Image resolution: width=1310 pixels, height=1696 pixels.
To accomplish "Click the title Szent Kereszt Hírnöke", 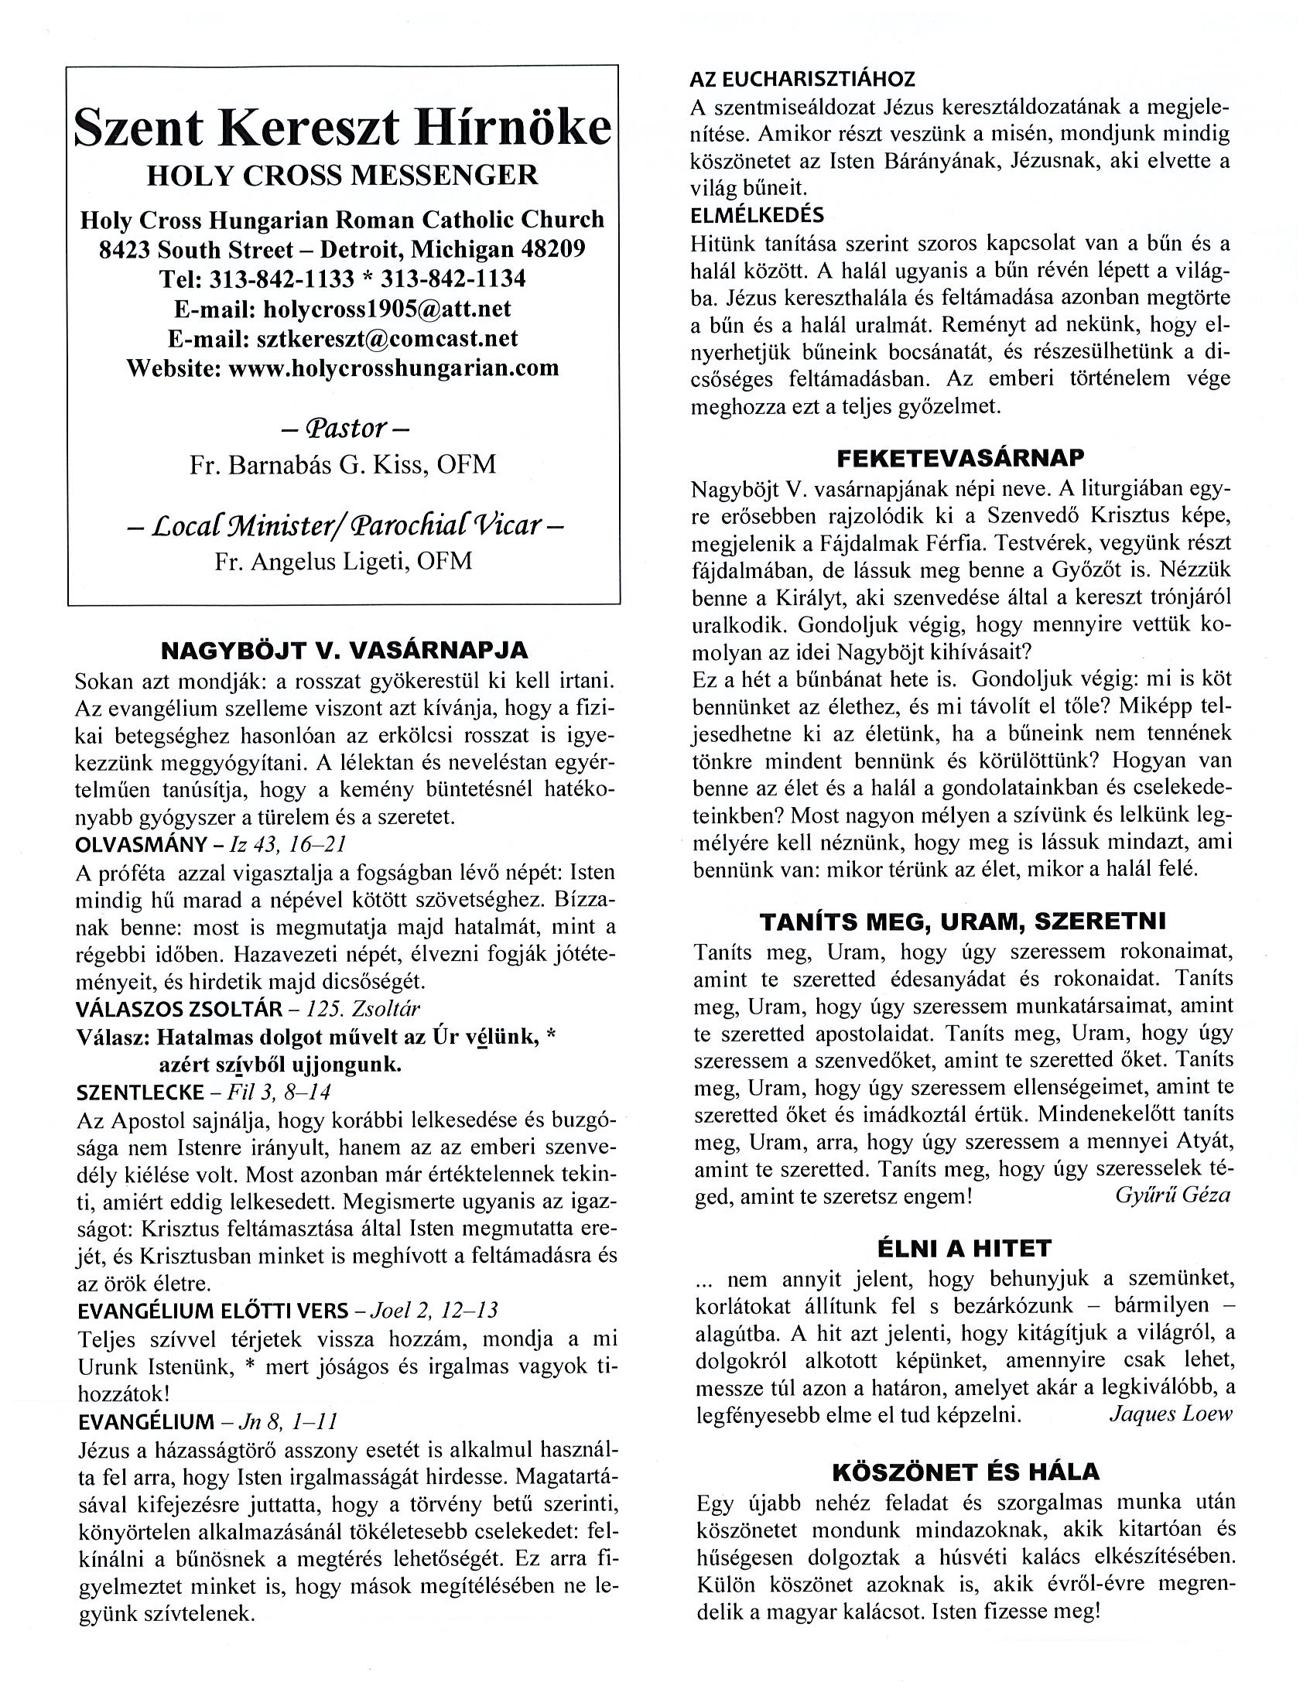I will pos(343,128).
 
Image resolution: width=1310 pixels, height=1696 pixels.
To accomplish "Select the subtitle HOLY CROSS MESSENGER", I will pos(343,176).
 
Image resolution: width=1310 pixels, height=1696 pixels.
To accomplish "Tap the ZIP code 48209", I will pos(549,249).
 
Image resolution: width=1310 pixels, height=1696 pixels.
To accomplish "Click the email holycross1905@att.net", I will pos(388,308).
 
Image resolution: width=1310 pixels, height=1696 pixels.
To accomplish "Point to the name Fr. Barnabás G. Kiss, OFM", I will pos(343,464).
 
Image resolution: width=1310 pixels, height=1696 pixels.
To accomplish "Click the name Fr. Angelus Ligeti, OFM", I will pos(343,561).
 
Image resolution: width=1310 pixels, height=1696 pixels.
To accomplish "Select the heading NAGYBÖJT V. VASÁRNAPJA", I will pos(344,650).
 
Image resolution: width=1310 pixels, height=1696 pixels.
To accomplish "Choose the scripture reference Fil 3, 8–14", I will pos(280,1092).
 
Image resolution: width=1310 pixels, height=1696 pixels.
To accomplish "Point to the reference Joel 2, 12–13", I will pos(435,1311).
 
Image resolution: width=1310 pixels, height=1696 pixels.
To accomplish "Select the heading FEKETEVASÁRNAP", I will pos(960,458).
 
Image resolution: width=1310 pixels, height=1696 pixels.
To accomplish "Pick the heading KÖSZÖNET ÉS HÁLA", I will pos(965,1472).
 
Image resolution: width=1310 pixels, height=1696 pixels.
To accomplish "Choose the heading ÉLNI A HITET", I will pos(963,1249).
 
